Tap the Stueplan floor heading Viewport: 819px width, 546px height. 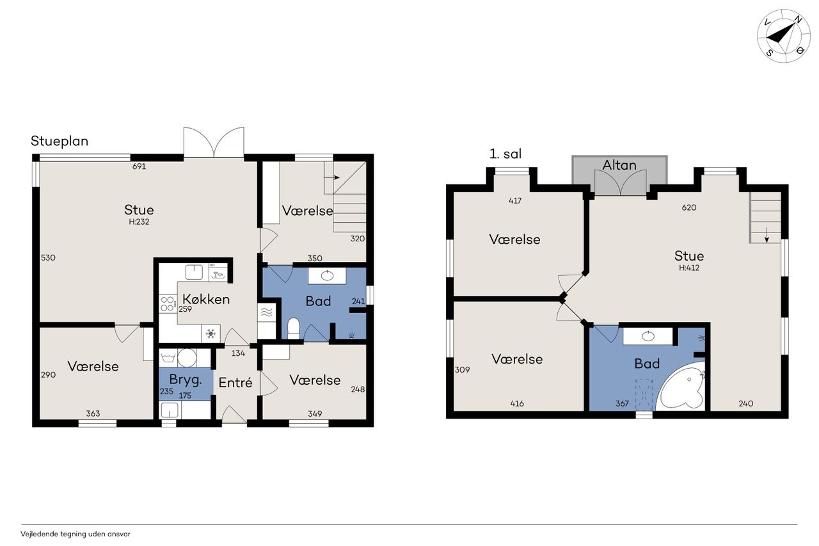tap(60, 141)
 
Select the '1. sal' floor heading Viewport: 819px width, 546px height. tap(505, 154)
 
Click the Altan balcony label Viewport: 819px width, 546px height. tap(619, 165)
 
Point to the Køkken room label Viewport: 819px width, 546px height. tap(206, 299)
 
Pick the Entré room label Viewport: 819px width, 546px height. tap(235, 383)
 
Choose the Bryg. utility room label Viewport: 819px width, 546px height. tap(186, 380)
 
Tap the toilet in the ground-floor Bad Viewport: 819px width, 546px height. tap(294, 328)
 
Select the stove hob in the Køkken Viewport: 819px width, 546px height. tap(168, 303)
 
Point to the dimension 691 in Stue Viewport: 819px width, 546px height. tap(139, 166)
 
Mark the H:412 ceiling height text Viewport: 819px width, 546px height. tap(689, 268)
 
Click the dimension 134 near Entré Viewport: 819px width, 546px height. tap(238, 353)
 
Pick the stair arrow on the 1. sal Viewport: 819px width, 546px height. tap(767, 235)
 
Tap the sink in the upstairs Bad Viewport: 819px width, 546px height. tap(648, 335)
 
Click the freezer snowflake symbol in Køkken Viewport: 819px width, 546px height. tap(211, 333)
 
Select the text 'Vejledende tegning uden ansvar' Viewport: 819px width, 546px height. tap(76, 534)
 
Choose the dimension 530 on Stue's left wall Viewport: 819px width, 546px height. tap(48, 258)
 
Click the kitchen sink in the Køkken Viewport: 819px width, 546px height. tap(194, 273)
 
